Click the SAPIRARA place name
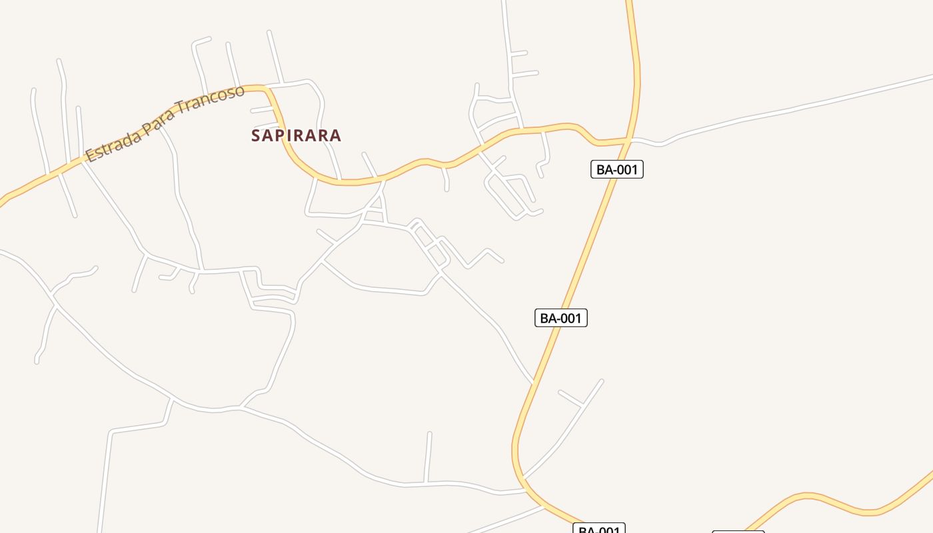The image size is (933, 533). [x=296, y=135]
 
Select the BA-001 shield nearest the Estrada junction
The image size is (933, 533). [x=617, y=169]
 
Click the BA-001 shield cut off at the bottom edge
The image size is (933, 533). [x=598, y=529]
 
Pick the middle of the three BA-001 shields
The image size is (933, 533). [x=561, y=318]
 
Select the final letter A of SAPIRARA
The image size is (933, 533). [x=336, y=135]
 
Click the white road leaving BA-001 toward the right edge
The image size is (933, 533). [x=800, y=107]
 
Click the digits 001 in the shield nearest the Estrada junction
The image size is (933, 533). [x=626, y=169]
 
